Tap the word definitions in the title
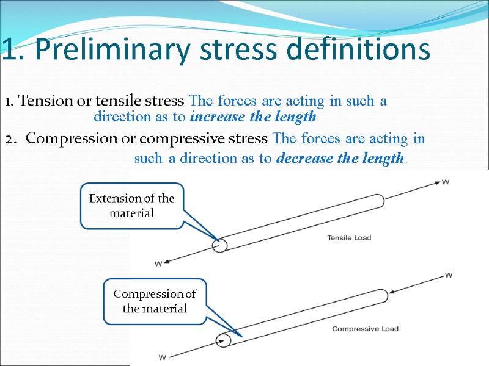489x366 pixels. [x=350, y=51]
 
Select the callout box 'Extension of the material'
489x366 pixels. [x=132, y=206]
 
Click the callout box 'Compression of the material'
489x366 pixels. [x=155, y=301]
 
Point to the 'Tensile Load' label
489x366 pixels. [x=349, y=237]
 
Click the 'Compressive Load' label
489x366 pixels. [x=365, y=329]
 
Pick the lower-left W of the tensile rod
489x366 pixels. [x=158, y=264]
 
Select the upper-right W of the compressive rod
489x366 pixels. [x=449, y=276]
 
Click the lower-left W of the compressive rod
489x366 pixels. [x=163, y=356]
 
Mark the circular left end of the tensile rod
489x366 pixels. [x=219, y=245]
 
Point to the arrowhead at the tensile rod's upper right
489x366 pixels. [x=436, y=181]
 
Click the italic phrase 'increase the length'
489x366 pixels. [x=253, y=116]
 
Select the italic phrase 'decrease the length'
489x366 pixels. [x=340, y=159]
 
